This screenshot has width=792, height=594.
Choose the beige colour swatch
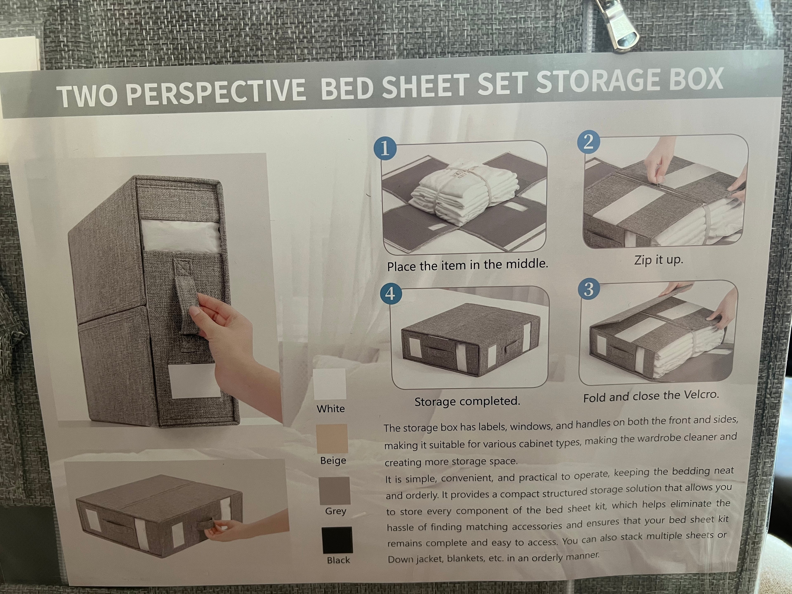pyautogui.click(x=332, y=439)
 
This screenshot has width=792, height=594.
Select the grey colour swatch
pyautogui.click(x=334, y=490)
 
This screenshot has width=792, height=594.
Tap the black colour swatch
pyautogui.click(x=337, y=540)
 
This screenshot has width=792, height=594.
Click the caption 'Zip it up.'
pyautogui.click(x=658, y=260)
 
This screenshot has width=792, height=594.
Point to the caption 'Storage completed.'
pyautogui.click(x=467, y=401)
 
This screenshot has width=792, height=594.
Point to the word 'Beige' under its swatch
pyautogui.click(x=333, y=460)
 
